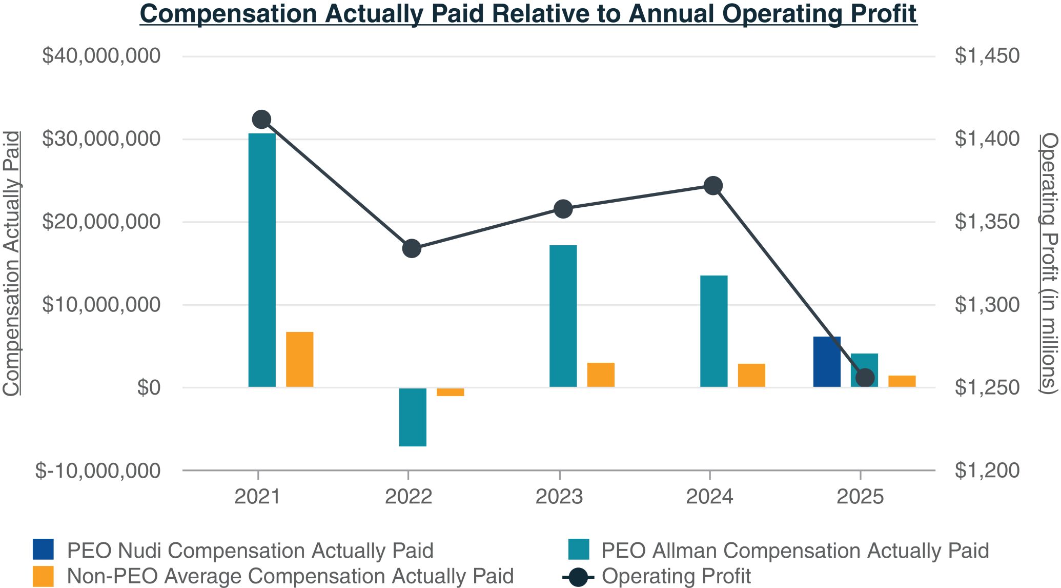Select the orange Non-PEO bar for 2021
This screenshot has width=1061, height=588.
click(300, 359)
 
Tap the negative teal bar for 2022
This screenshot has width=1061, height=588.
click(413, 417)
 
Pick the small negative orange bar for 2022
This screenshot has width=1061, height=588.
click(451, 392)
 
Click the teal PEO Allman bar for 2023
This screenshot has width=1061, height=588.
click(563, 316)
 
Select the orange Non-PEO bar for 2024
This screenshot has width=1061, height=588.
click(751, 375)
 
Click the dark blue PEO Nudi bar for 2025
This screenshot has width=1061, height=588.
click(827, 362)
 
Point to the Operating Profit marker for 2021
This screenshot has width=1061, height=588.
click(262, 120)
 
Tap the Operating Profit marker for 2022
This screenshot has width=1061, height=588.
click(412, 249)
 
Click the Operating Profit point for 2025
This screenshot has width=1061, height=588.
click(865, 378)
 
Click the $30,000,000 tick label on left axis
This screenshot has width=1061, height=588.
click(101, 139)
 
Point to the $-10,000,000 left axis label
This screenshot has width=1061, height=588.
click(97, 471)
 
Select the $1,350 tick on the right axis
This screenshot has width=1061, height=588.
click(987, 222)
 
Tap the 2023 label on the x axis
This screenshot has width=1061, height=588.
click(559, 497)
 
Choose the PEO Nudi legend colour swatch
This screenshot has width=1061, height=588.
click(43, 550)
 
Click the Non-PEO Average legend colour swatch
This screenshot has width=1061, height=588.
click(43, 576)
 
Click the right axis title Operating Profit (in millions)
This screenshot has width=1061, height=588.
click(1049, 263)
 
